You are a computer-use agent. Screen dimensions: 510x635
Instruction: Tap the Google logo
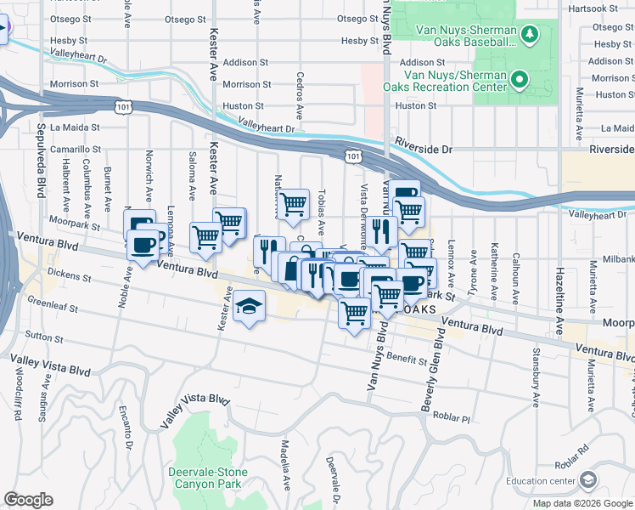tap(28, 500)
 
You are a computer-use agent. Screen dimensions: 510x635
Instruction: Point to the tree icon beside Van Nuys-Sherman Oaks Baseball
tap(530, 34)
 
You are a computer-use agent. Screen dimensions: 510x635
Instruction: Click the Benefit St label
tap(407, 360)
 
